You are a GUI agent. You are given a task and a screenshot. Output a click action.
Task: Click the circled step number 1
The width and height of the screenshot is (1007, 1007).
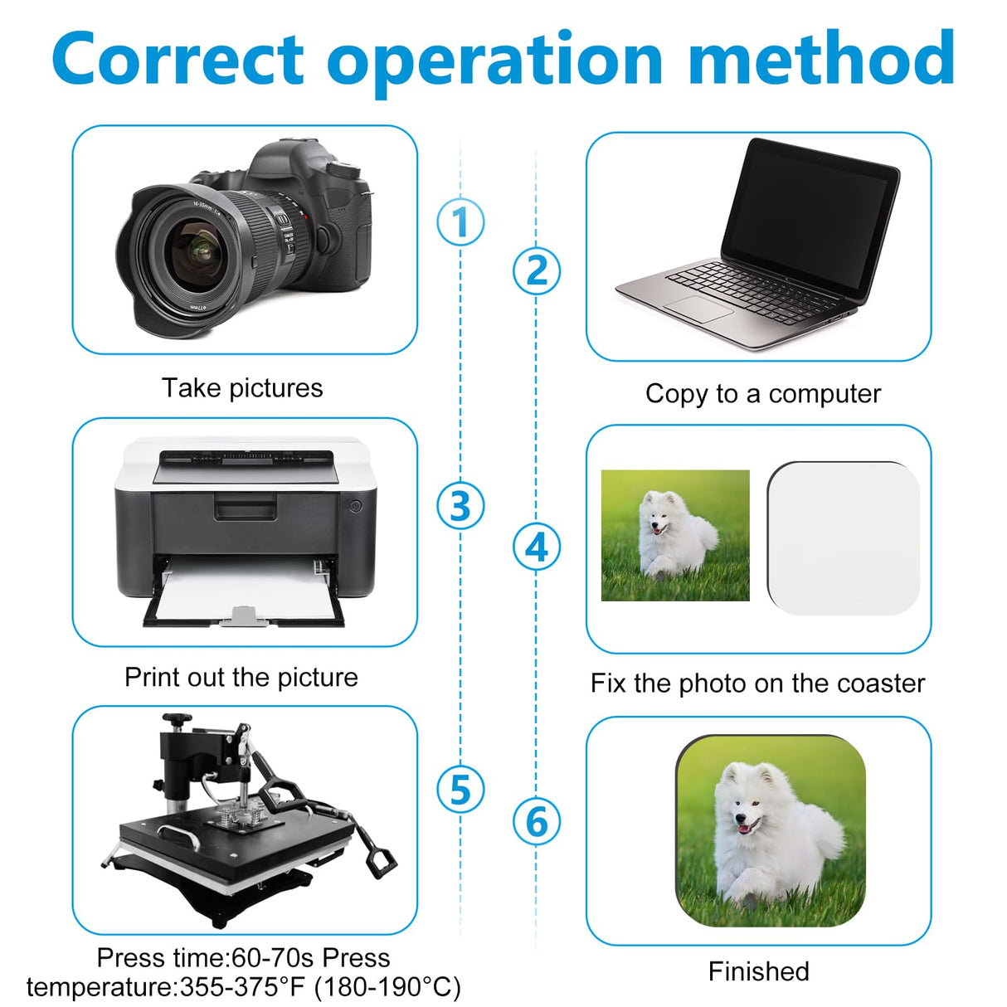point(460,221)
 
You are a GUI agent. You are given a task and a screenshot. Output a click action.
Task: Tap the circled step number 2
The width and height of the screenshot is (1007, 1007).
point(536,270)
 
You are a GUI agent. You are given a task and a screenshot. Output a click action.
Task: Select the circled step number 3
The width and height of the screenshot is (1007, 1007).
point(460,505)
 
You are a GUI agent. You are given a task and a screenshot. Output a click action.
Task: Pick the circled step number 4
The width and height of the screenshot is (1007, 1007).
point(536,547)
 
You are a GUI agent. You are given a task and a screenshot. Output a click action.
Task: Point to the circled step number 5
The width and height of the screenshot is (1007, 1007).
point(460,789)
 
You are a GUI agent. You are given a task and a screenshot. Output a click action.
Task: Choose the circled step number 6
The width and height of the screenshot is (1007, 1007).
point(536,821)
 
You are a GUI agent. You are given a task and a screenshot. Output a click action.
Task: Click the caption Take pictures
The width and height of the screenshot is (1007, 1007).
point(242,387)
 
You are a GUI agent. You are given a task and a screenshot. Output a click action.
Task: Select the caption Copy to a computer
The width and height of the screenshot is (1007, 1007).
point(763,393)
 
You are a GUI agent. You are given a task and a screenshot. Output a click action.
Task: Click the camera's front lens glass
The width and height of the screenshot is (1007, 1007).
point(197,250)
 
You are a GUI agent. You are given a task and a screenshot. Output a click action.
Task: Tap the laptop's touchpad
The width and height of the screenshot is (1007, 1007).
point(699,309)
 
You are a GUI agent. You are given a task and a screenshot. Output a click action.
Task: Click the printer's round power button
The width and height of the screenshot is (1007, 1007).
point(355,505)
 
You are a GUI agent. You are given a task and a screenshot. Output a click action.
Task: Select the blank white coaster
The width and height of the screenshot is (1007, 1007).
point(844,538)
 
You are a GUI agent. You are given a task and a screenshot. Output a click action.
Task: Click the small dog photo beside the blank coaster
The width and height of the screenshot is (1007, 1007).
point(675,535)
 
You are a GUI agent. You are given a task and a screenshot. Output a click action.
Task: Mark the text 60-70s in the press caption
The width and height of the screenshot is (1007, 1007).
point(272,957)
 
